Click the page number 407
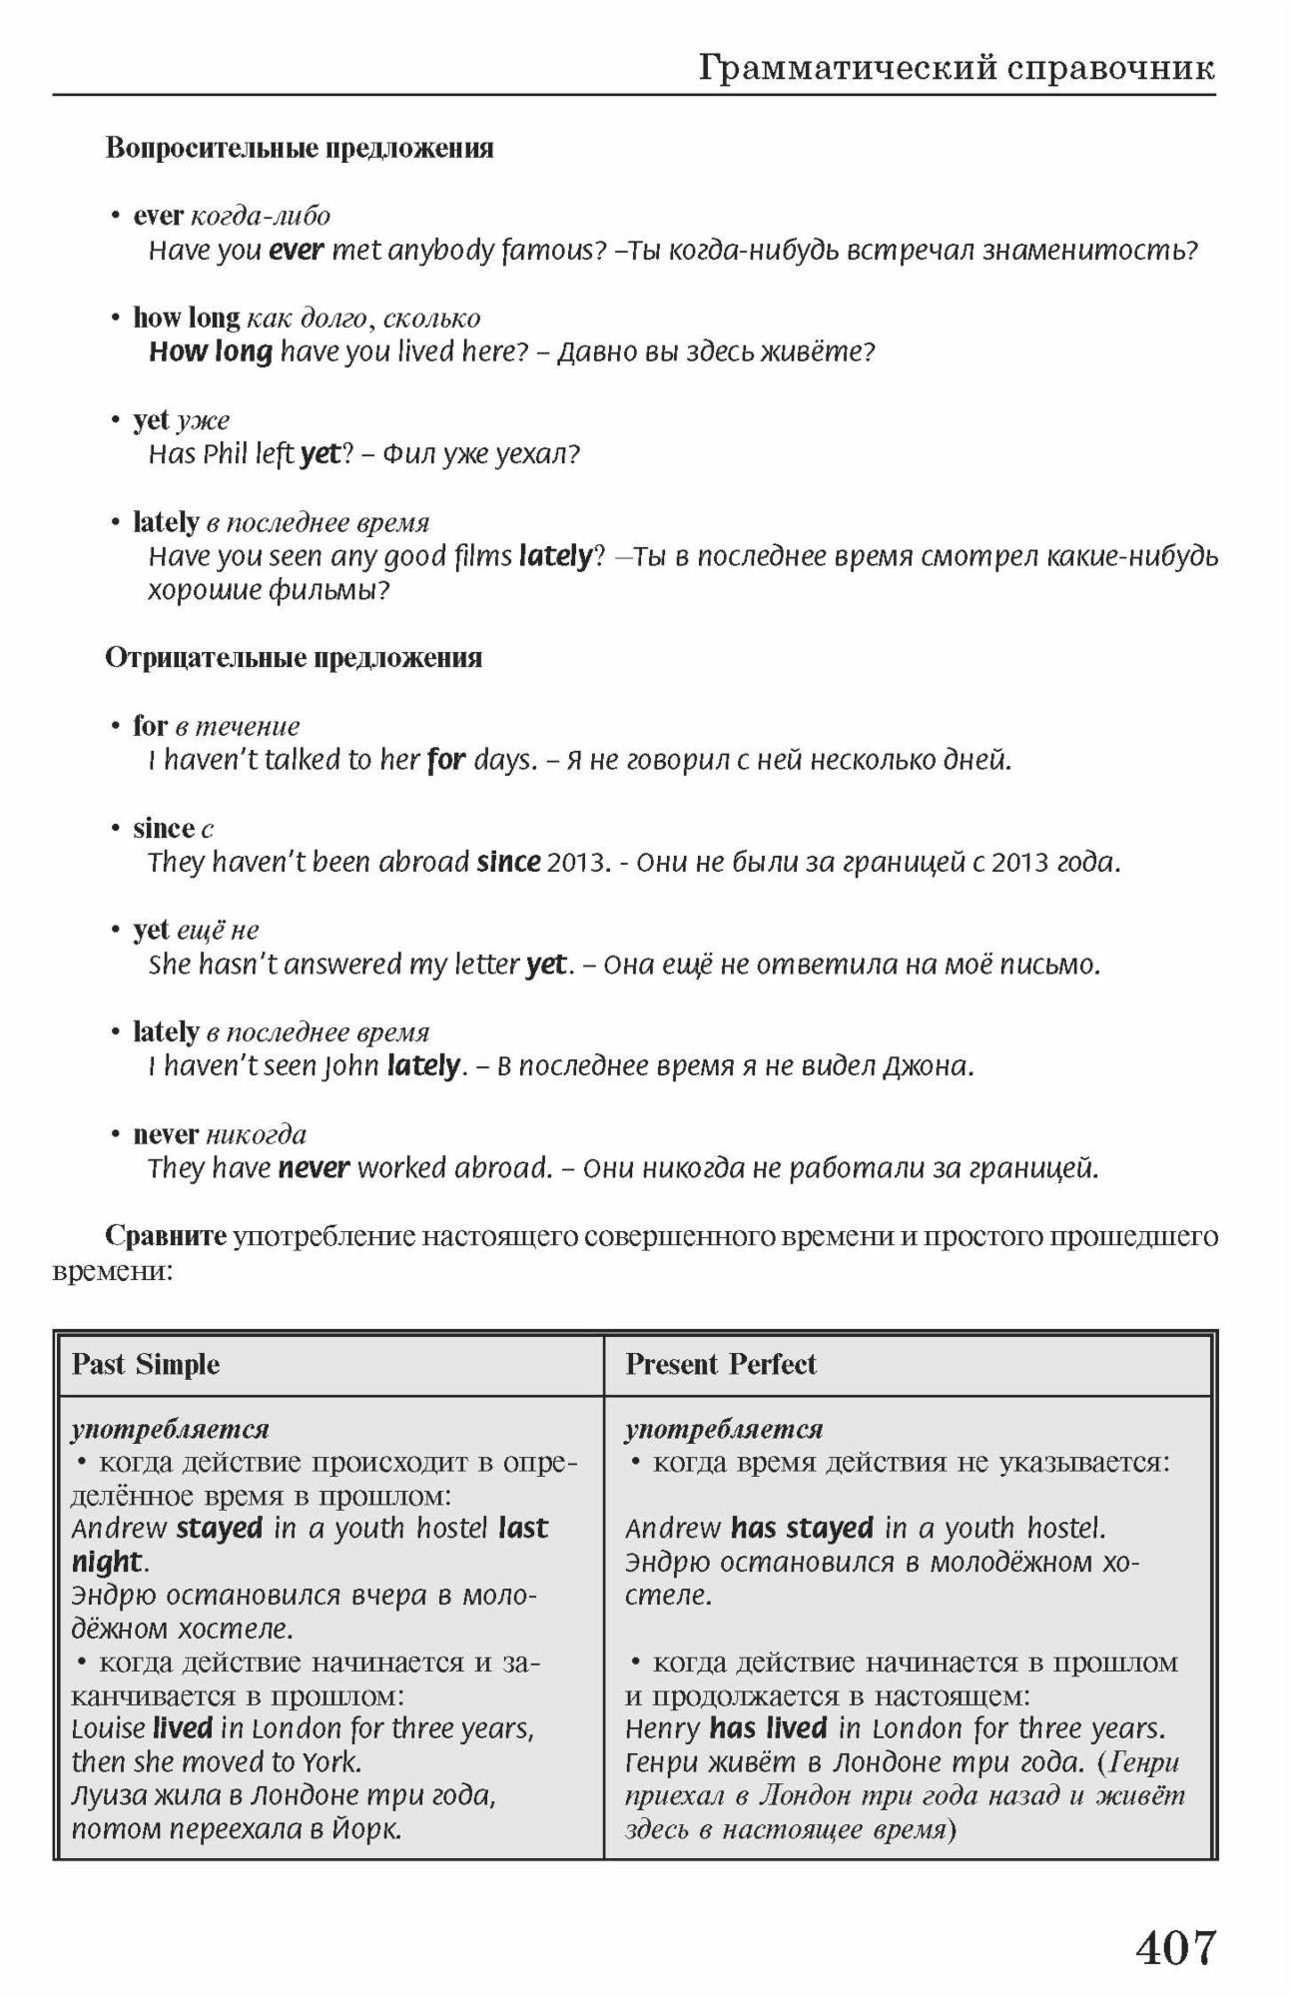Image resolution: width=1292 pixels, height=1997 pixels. click(1176, 1946)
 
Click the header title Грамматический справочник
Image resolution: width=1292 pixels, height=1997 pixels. click(957, 68)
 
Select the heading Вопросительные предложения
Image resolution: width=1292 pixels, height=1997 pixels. click(300, 149)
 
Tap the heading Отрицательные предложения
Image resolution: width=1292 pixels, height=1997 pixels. click(294, 658)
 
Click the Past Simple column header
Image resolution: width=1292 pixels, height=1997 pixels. click(146, 1364)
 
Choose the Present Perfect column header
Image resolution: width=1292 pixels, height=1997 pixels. click(720, 1364)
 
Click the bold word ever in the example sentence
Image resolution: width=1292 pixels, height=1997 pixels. click(296, 250)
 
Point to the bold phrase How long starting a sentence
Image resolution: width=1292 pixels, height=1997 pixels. click(211, 351)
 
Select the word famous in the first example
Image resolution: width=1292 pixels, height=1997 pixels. click(553, 250)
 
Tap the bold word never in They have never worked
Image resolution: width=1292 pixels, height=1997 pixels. click(314, 1167)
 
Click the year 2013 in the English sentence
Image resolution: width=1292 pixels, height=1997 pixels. click(576, 862)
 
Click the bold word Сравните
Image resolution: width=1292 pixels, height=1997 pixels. click(166, 1236)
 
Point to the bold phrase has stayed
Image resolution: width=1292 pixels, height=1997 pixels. click(802, 1528)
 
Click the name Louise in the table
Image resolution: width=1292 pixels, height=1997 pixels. click(108, 1728)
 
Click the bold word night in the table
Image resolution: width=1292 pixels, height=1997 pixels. click(107, 1561)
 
